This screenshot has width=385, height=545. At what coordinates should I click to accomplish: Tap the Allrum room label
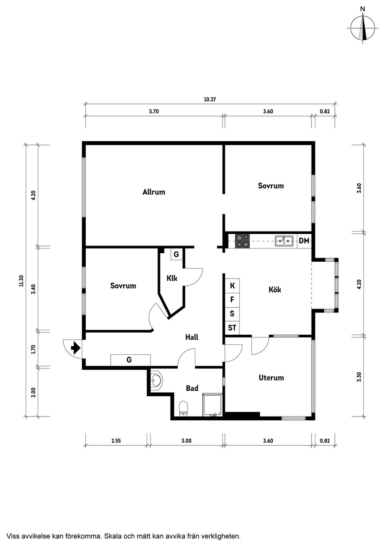154,192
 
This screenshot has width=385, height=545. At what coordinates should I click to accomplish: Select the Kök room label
275,289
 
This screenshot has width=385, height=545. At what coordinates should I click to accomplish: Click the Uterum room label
271,378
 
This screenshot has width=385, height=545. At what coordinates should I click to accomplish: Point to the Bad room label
192,388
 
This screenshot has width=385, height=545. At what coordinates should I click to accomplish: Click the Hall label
192,337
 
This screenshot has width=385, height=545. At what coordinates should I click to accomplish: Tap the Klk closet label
172,278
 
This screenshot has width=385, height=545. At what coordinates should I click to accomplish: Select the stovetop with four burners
242,241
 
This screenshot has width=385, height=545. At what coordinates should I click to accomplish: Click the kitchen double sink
284,241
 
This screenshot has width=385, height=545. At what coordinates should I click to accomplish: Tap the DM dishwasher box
304,241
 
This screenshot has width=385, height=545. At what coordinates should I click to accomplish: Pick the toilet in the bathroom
184,409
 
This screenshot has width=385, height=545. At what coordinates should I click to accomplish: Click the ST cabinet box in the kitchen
232,328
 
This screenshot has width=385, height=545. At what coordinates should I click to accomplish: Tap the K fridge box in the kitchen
232,286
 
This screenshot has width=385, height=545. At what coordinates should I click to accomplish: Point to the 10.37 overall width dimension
210,99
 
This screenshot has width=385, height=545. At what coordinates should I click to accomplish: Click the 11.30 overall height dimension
21,281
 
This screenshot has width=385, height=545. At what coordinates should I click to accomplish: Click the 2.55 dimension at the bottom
116,441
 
